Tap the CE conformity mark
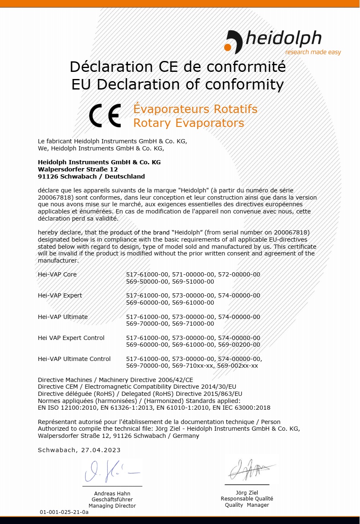click(105, 116)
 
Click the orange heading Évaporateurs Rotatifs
click(195, 109)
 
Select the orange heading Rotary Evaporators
click(188, 123)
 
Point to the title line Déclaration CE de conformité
click(177, 66)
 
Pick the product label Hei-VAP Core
click(57, 274)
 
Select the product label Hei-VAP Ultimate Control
click(74, 359)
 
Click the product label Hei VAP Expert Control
click(71, 338)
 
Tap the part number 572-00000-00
click(239, 274)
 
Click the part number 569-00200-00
click(239, 345)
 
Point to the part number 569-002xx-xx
click(237, 366)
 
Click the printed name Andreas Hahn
click(112, 493)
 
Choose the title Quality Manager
click(247, 505)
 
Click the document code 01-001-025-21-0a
click(64, 512)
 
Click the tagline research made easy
click(313, 52)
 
